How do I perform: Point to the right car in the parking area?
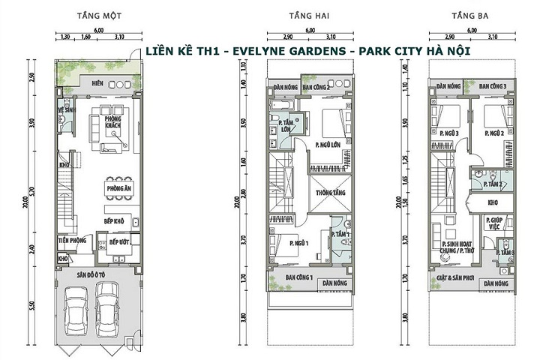(x=110, y=310)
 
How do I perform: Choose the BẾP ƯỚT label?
(x=120, y=243)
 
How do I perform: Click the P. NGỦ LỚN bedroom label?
(x=328, y=146)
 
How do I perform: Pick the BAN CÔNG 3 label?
(x=493, y=87)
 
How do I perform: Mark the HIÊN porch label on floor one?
(x=97, y=82)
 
